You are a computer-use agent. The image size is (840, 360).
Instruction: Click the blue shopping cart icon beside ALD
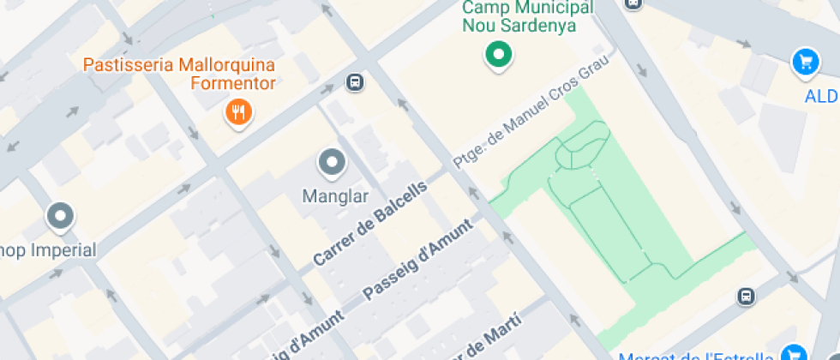[804, 61]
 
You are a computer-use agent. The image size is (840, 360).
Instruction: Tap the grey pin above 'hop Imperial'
[60, 217]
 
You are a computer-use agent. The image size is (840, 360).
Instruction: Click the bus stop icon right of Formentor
[354, 82]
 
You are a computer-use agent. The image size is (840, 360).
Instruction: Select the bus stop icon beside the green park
[746, 296]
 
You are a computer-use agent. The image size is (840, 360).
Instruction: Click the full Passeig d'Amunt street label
[417, 260]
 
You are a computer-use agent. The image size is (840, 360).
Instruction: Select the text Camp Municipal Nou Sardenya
[527, 16]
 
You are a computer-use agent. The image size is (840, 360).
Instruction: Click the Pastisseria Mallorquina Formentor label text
[178, 74]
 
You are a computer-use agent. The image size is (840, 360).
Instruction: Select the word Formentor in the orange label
[233, 83]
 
